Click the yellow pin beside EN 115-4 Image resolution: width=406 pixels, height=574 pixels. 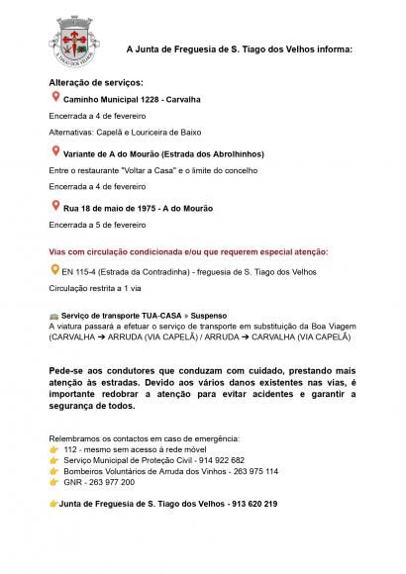[54, 267]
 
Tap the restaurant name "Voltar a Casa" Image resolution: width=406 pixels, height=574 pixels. [149, 170]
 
